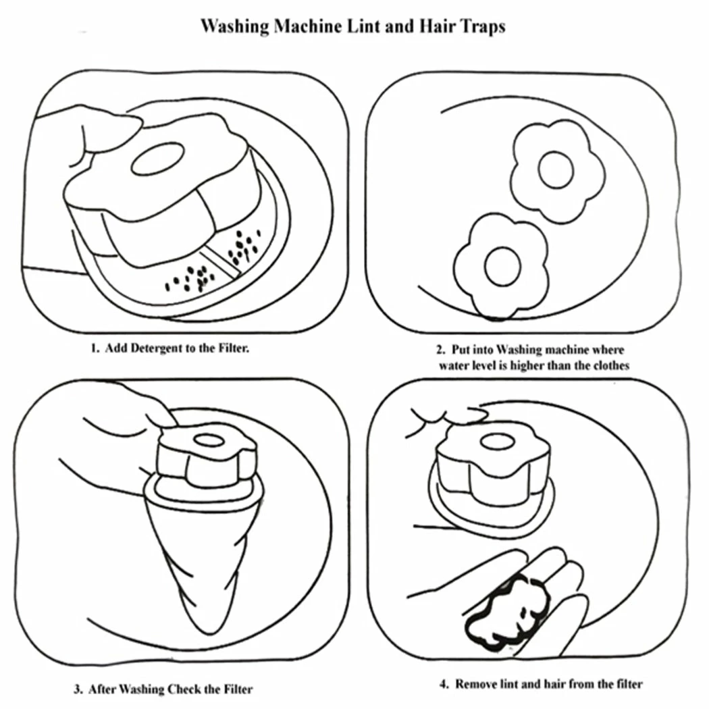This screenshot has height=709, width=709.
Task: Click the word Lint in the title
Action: point(363,26)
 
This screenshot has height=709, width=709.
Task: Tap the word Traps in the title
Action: point(483,27)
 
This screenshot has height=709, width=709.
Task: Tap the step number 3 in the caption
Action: point(78,689)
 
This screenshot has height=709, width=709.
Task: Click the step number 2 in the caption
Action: point(440,350)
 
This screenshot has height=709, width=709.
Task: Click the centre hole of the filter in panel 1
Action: point(158,159)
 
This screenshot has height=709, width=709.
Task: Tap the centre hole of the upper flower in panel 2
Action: point(556,169)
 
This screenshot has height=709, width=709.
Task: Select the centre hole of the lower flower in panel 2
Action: point(502,267)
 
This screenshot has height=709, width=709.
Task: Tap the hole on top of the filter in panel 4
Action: point(497,442)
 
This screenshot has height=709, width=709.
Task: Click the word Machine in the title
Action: point(307,26)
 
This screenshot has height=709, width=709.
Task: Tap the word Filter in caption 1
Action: point(234,348)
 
